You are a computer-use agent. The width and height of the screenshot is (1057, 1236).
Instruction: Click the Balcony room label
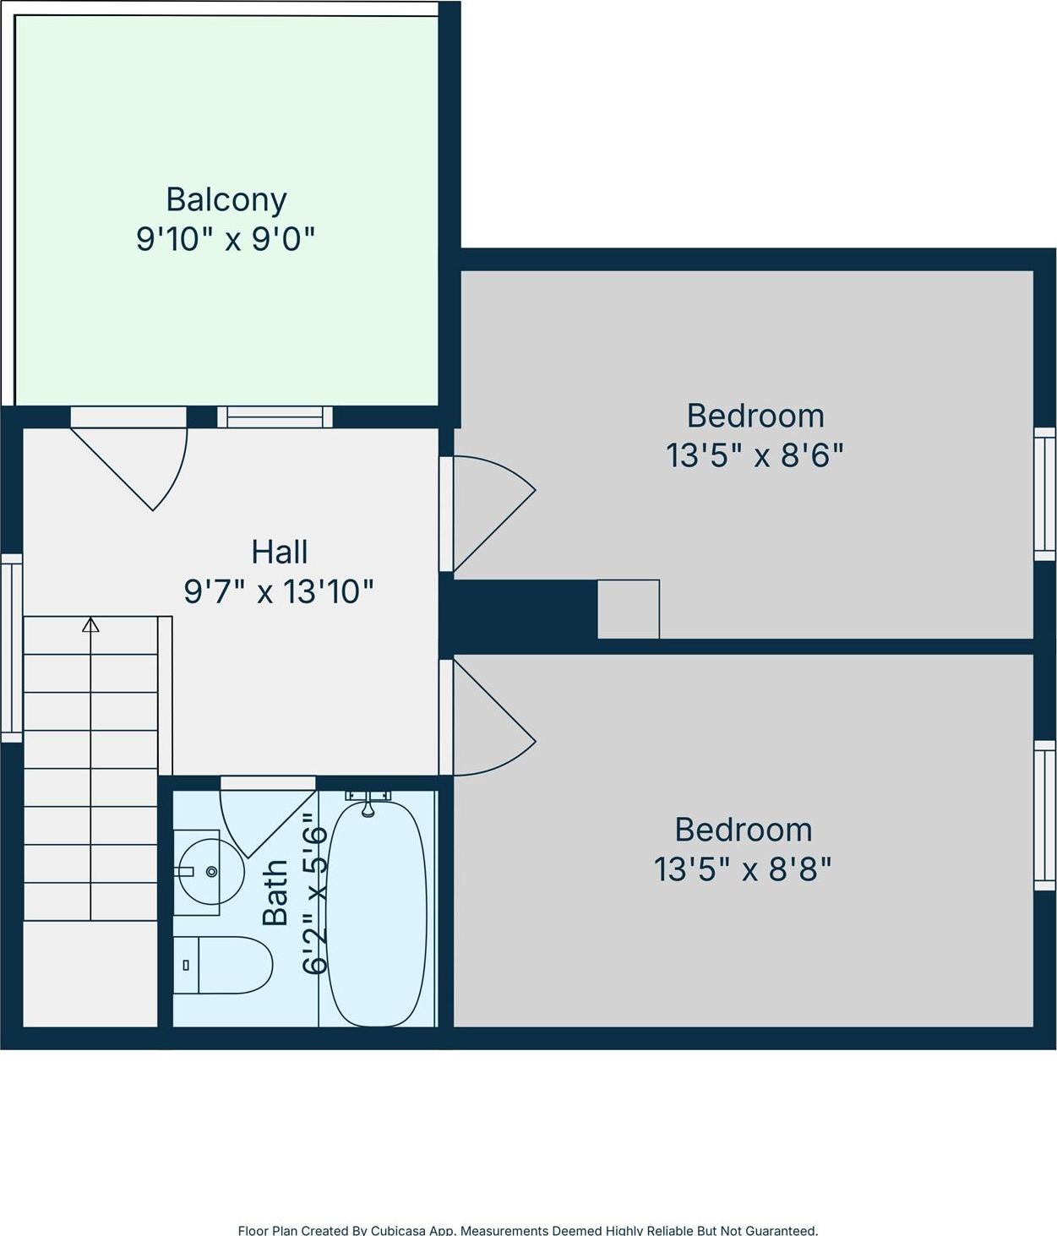tap(226, 199)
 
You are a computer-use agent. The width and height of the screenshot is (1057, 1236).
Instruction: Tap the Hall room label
tap(280, 552)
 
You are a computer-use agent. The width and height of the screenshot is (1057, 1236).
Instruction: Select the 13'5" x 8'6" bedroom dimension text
tap(755, 455)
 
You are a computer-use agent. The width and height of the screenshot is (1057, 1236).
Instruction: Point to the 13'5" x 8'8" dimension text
tap(743, 868)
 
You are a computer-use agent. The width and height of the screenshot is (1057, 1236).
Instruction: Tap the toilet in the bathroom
tap(223, 965)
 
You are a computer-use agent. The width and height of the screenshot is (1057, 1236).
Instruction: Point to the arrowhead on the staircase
tap(90, 625)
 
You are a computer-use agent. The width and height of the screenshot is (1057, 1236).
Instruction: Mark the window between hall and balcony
tap(275, 417)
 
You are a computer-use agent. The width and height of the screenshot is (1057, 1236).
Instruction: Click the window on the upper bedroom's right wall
tap(1045, 493)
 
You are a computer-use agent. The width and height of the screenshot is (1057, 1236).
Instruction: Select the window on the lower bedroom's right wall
tap(1045, 815)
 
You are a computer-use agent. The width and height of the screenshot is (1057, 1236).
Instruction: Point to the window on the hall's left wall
tap(11, 647)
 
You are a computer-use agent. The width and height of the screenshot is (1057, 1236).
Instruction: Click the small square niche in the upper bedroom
tap(629, 608)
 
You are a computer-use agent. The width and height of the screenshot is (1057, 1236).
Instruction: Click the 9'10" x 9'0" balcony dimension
tap(226, 239)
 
